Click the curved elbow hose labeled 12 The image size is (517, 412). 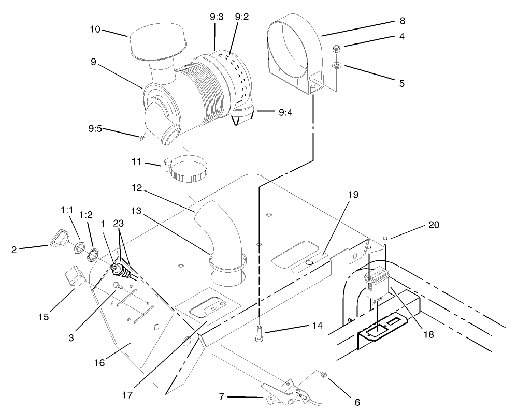point(220,230)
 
